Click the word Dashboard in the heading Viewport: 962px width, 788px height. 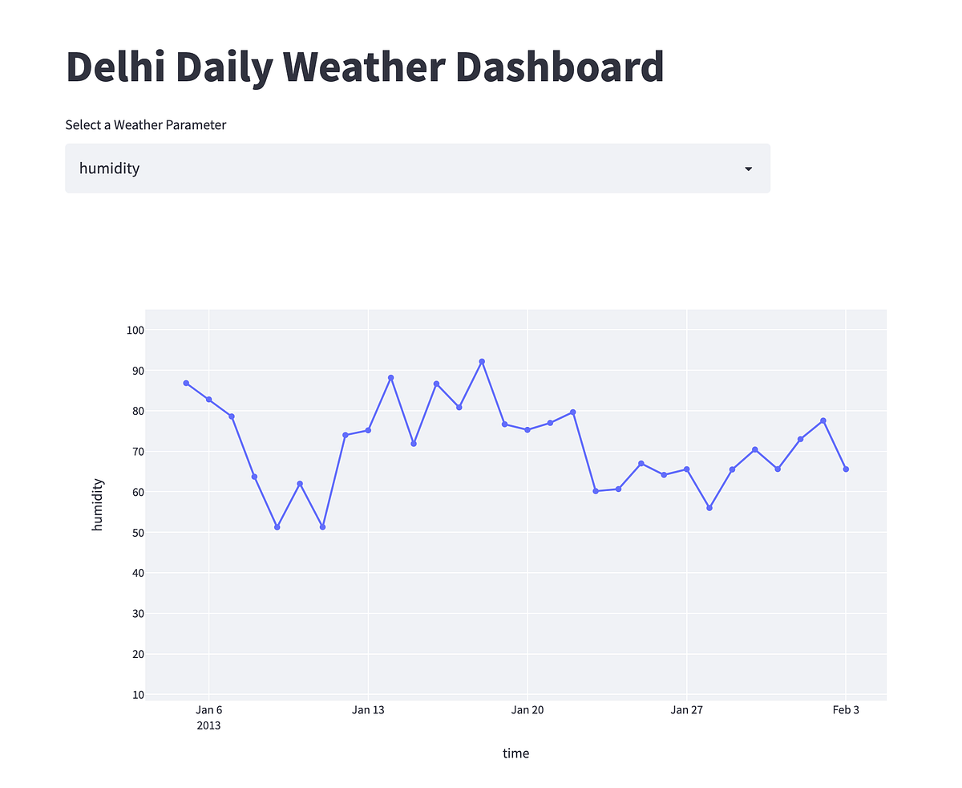(x=560, y=67)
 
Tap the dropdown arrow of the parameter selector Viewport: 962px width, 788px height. (x=748, y=169)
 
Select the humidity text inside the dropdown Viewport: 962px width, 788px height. (x=109, y=169)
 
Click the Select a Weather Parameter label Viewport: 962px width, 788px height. (x=145, y=125)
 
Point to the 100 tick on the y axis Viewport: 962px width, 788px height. (x=134, y=330)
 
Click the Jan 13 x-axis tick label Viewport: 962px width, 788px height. (x=368, y=710)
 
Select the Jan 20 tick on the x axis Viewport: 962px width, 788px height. (x=527, y=710)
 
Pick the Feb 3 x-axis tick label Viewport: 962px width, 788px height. (x=846, y=710)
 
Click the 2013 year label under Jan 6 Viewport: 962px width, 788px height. (x=208, y=726)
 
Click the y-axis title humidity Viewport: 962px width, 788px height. (x=98, y=504)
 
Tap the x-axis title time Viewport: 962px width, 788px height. (x=515, y=753)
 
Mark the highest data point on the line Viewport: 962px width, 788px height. (x=482, y=362)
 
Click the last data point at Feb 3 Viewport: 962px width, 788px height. (x=846, y=469)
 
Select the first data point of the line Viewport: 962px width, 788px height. (x=186, y=384)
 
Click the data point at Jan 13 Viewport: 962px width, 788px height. (x=368, y=430)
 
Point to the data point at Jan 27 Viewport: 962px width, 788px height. (x=687, y=469)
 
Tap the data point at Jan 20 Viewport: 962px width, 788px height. (x=527, y=430)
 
